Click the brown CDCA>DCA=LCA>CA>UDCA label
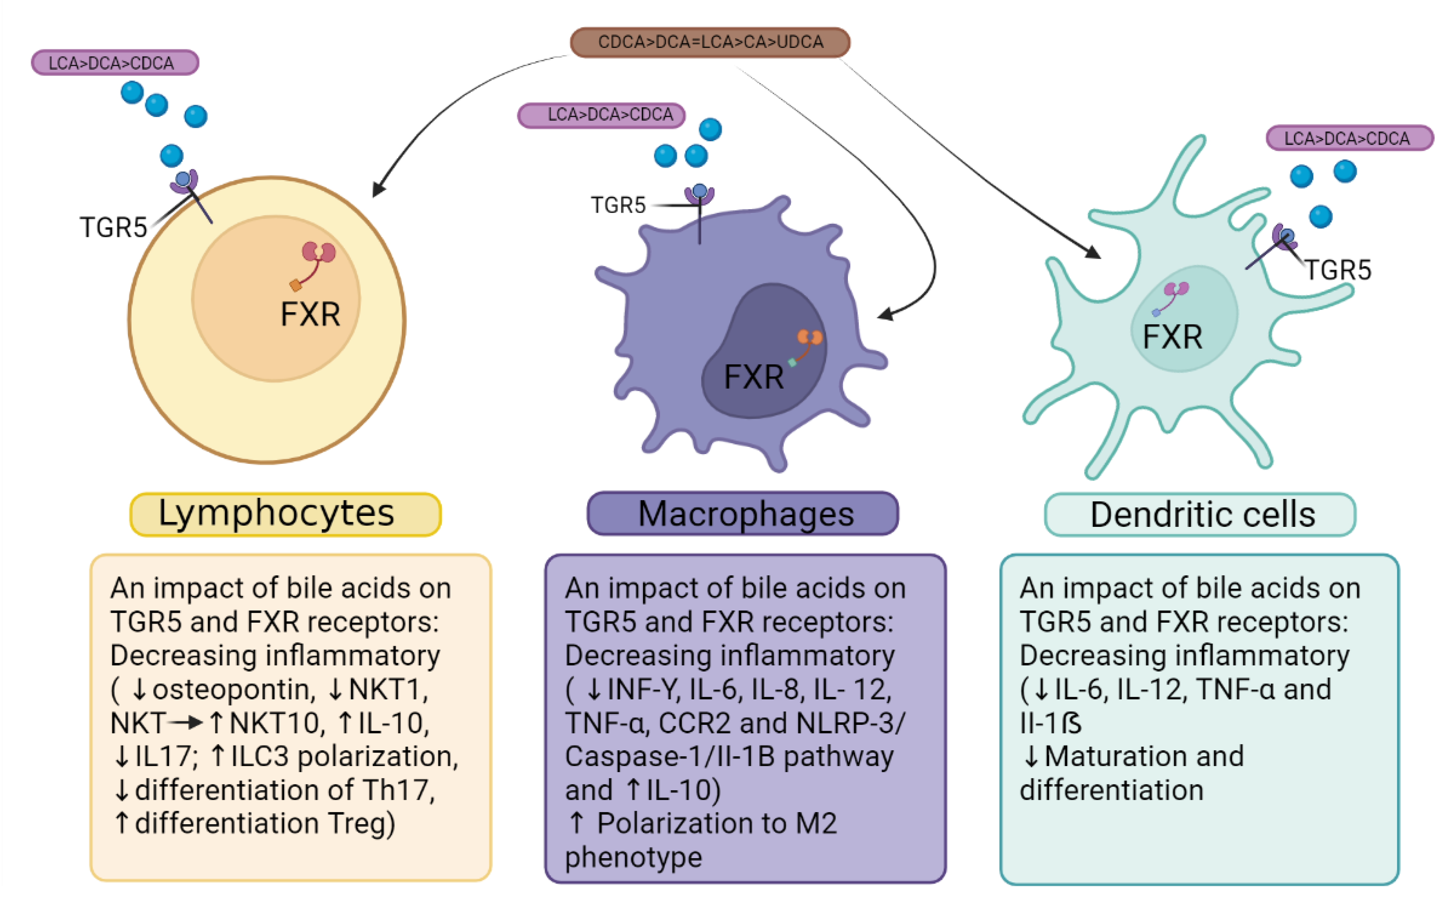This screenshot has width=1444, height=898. coord(710,42)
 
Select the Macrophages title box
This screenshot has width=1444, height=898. coord(743,514)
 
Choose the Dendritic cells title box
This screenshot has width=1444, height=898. coord(1200,514)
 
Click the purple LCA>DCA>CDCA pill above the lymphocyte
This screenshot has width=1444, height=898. coord(115,63)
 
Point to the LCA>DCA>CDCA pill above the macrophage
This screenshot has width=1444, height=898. coord(601,115)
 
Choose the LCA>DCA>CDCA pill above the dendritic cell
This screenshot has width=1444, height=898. coord(1349,138)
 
